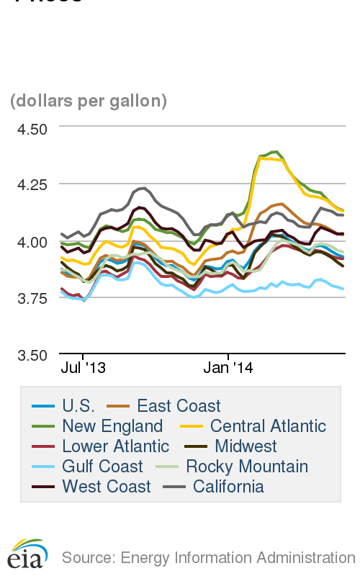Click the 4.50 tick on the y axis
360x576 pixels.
click(x=32, y=129)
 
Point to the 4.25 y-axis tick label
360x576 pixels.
click(x=32, y=184)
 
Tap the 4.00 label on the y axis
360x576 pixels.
click(x=32, y=241)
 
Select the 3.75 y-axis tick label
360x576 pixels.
click(x=32, y=297)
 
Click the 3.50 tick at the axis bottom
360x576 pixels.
click(x=32, y=354)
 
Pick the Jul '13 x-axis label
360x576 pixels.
click(x=83, y=368)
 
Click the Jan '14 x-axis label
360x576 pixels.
click(x=228, y=368)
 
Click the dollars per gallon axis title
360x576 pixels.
click(x=89, y=101)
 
